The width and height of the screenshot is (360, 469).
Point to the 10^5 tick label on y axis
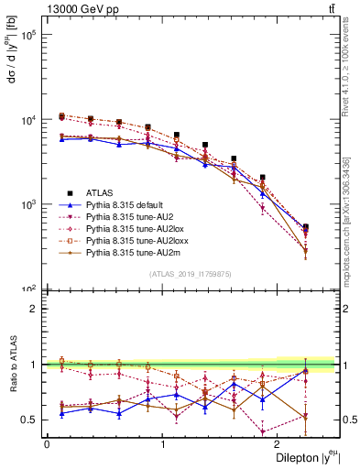click(x=29, y=36)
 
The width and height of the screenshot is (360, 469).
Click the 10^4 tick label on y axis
click(x=29, y=120)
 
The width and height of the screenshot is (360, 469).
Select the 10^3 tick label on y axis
click(x=29, y=204)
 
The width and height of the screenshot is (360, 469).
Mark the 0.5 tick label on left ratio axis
click(x=27, y=420)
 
